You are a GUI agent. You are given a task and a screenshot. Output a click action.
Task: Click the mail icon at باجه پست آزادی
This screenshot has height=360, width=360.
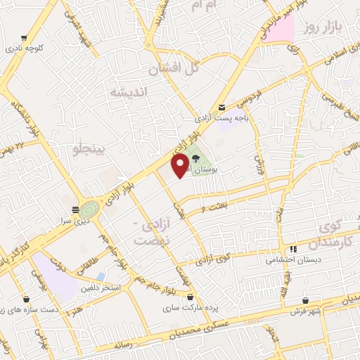[221, 107]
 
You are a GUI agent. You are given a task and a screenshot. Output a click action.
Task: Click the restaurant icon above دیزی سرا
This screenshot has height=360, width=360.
[75, 210]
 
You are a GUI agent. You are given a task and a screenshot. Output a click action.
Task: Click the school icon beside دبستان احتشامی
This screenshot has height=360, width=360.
[293, 249]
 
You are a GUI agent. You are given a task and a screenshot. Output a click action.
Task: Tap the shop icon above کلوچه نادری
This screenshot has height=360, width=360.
[25, 39]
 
